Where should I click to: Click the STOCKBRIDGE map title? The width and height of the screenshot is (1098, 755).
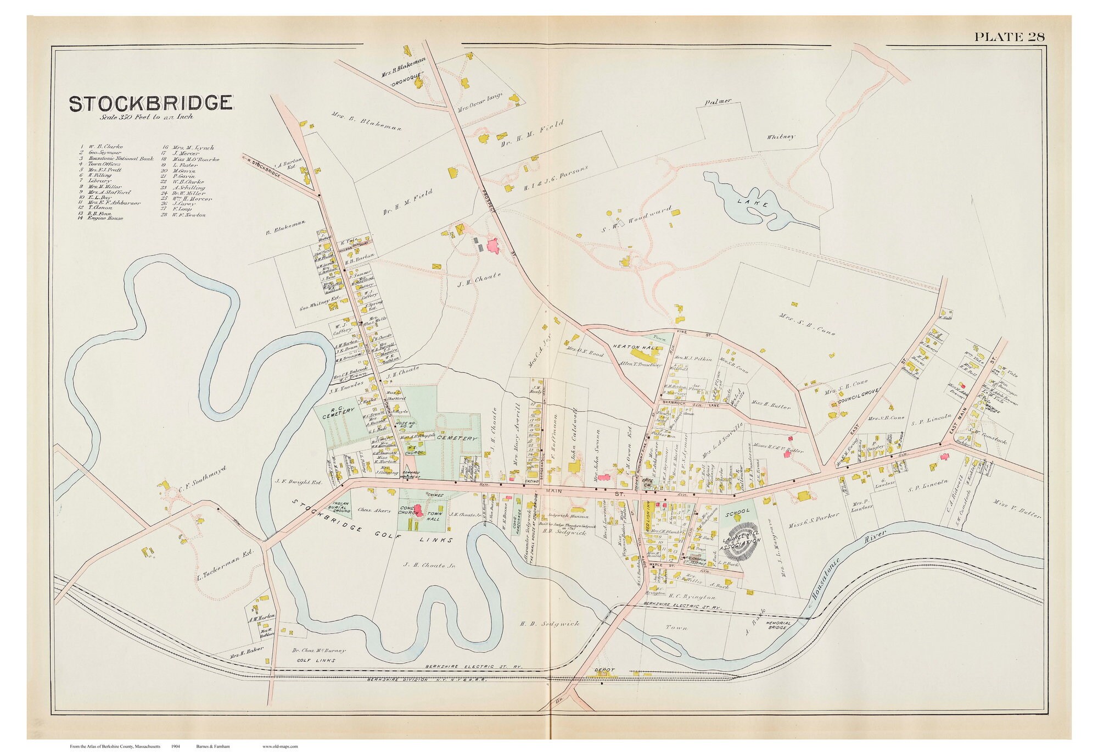150,103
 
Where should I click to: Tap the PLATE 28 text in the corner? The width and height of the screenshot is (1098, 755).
1009,37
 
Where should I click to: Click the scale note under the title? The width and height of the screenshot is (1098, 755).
147,116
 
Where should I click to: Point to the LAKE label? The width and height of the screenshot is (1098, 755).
750,203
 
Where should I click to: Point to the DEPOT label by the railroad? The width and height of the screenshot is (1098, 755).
604,670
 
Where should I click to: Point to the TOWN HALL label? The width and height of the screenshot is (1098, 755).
435,515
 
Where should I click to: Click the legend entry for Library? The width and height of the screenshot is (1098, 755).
99,180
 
